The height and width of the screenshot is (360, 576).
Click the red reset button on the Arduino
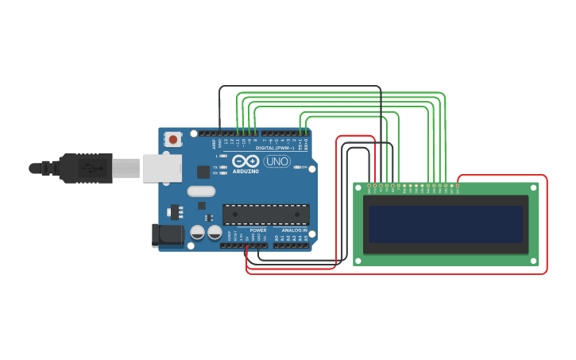173,140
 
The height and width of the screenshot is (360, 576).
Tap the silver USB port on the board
163,168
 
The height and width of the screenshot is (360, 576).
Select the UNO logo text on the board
276,161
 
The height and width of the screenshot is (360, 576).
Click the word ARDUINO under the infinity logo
245,172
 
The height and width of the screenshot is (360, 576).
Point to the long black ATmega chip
265,215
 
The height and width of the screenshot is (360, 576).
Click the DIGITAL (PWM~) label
273,148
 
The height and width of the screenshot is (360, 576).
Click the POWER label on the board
257,230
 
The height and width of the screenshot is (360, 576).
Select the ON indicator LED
298,167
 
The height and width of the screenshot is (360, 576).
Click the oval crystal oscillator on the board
201,191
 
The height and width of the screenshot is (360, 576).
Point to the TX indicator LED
224,167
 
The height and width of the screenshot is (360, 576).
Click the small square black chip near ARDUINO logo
203,171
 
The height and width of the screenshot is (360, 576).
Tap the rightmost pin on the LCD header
457,186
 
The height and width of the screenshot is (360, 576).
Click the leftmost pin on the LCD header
369,186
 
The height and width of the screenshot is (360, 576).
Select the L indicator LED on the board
224,156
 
